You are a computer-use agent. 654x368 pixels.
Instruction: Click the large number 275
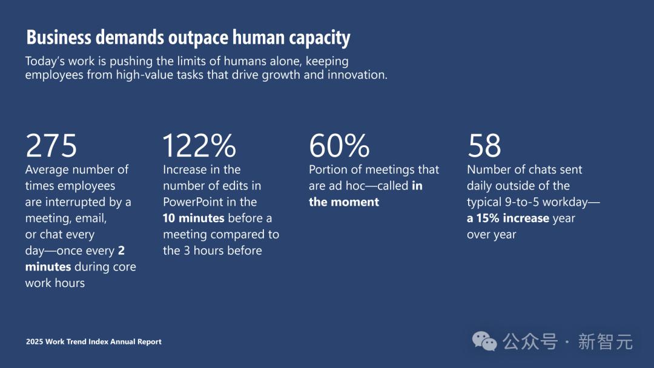pyautogui.click(x=51, y=146)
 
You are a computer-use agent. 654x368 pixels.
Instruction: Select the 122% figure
pyautogui.click(x=199, y=146)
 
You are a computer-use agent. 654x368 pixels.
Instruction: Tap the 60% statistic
pyautogui.click(x=339, y=146)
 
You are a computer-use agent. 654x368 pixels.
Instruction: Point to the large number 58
pyautogui.click(x=484, y=146)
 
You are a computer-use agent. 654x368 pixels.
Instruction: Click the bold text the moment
pyautogui.click(x=344, y=202)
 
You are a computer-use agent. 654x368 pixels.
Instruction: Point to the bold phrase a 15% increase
pyautogui.click(x=508, y=218)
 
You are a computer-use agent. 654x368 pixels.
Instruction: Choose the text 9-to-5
pyautogui.click(x=528, y=202)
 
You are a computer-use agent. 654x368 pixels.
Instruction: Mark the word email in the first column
pyautogui.click(x=90, y=218)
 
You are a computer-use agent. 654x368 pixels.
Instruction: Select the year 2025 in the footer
pyautogui.click(x=35, y=342)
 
